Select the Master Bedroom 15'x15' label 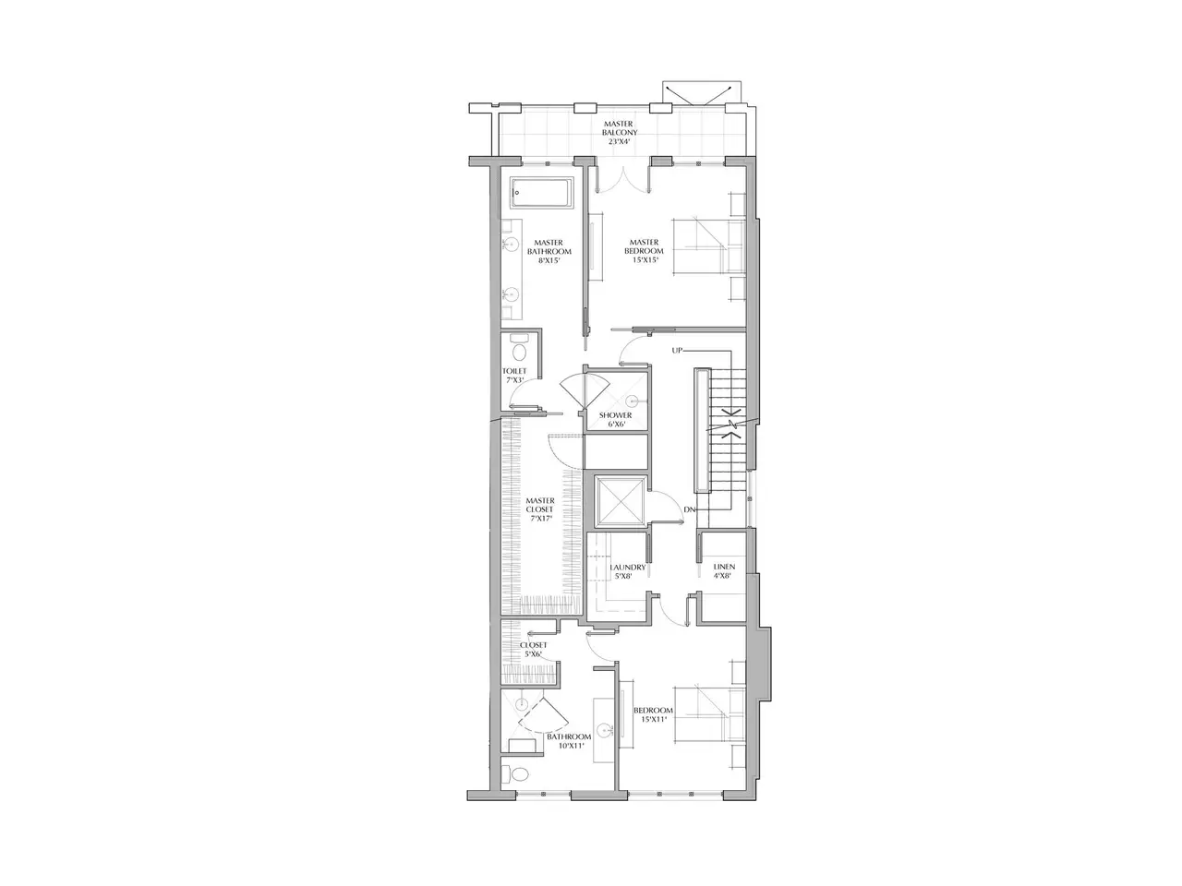(644, 251)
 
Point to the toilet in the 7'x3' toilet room (142, 349)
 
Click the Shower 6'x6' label (616, 420)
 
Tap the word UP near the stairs (677, 350)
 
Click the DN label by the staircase (689, 509)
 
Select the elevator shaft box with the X (621, 502)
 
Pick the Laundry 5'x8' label (627, 571)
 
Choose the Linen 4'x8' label (724, 570)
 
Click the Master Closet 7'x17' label (539, 509)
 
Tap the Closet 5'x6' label (533, 650)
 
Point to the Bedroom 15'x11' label (653, 714)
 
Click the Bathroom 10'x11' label (569, 741)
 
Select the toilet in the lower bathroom (140, 774)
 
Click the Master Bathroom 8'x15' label (549, 251)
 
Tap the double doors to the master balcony (624, 180)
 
